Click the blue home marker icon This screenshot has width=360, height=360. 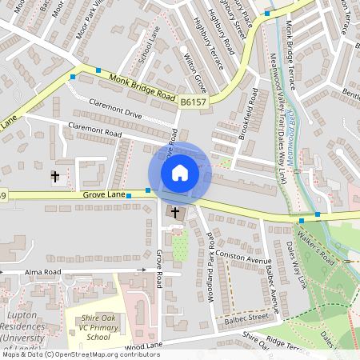[180, 172]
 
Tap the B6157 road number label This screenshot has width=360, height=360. [191, 102]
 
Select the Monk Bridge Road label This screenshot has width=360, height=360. [142, 85]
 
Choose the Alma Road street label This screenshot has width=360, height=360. [43, 272]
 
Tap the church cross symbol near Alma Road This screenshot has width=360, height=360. [55, 176]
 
